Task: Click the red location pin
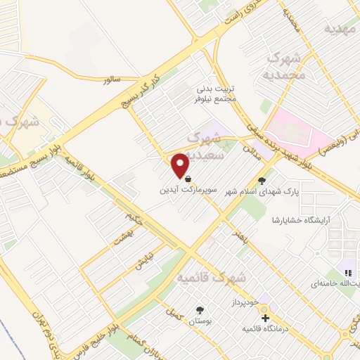pos(180,165)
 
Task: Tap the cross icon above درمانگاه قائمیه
pos(265,319)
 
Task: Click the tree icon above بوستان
pos(200,310)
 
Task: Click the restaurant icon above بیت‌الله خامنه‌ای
pos(347,272)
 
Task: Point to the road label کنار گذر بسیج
pos(140,89)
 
